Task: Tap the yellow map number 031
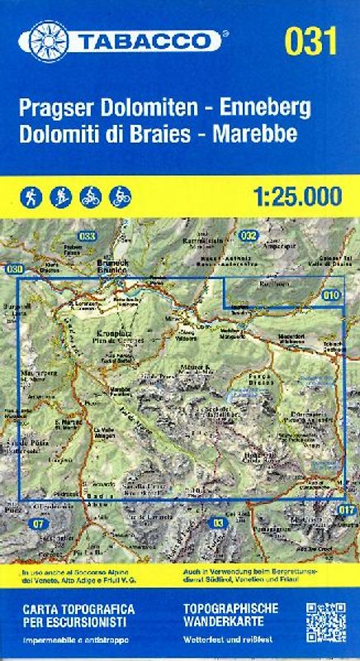(x=310, y=40)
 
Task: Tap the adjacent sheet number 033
(x=88, y=235)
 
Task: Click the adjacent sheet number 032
(x=249, y=235)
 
